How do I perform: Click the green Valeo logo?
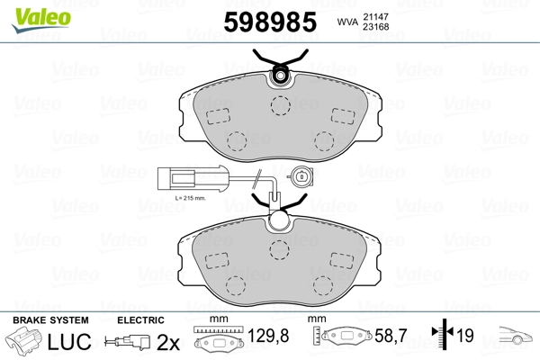tap(41, 20)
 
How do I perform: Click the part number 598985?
tap(270, 22)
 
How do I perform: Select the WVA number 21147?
tap(375, 16)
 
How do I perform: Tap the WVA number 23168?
tap(375, 26)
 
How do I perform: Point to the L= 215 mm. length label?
tap(190, 198)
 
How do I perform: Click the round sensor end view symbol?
tap(301, 177)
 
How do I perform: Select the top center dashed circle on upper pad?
tap(280, 105)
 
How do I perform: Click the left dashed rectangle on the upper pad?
tap(218, 116)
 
